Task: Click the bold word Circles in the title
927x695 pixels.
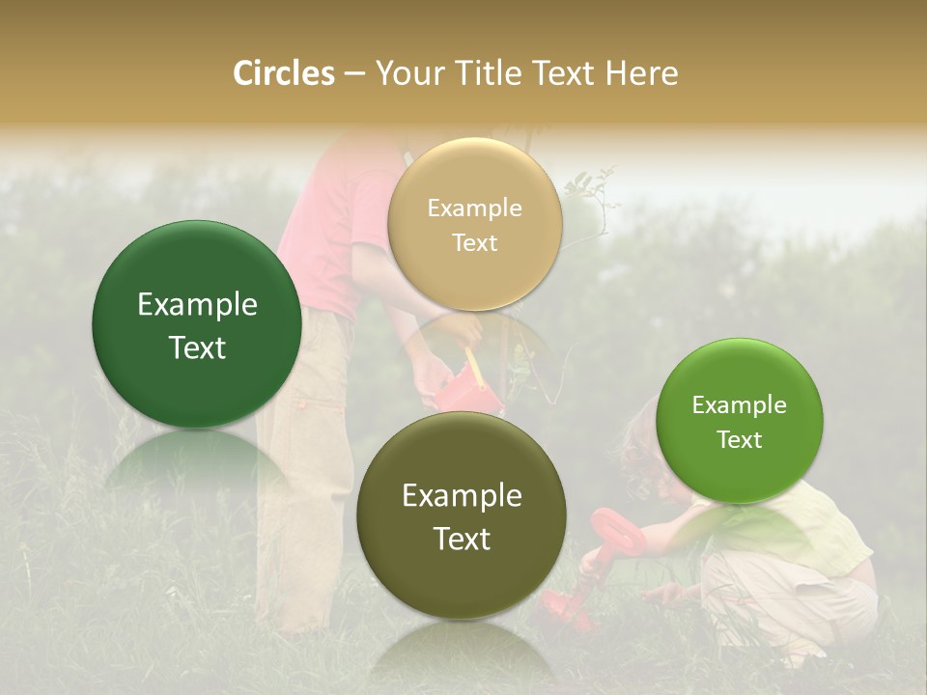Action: (283, 73)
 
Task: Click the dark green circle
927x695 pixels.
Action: (197, 324)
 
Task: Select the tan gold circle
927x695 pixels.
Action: (474, 224)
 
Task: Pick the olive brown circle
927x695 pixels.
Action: (462, 515)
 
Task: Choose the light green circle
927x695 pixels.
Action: (739, 421)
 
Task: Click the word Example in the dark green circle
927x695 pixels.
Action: (197, 305)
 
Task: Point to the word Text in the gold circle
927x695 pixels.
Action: (474, 243)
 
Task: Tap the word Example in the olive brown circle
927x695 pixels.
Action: (462, 496)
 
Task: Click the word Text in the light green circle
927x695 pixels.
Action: (739, 440)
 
